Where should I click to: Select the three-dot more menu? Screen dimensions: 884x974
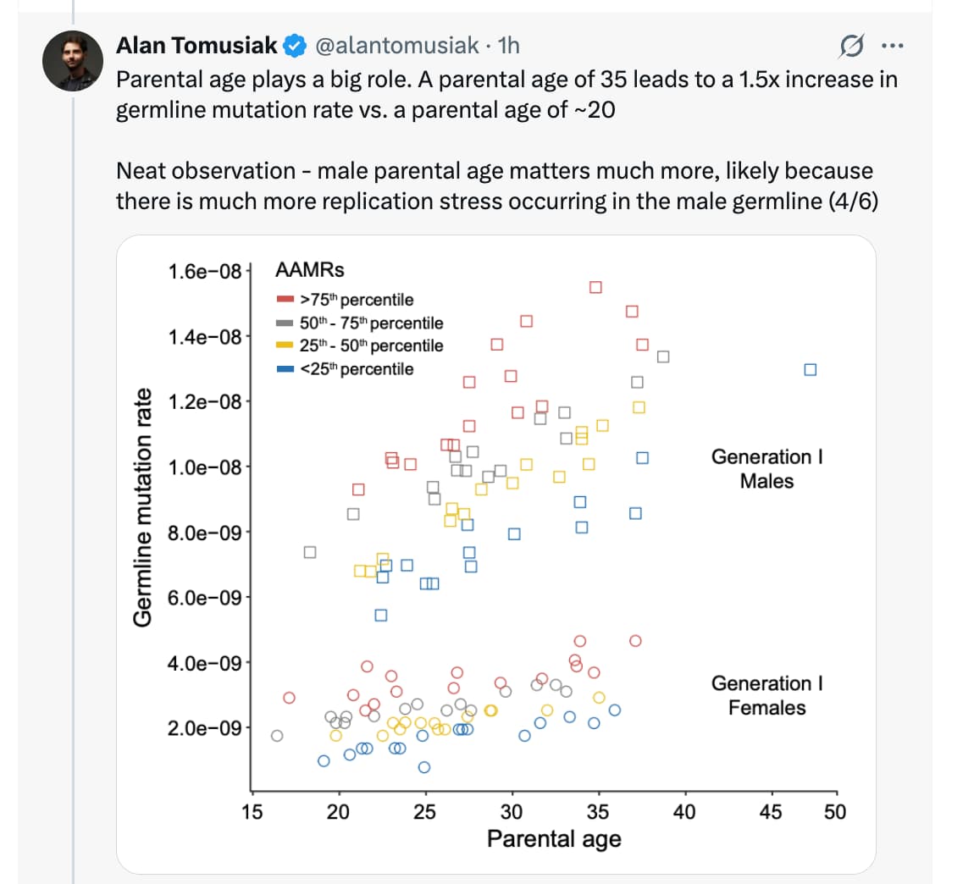(892, 46)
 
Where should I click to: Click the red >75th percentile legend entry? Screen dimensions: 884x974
(346, 300)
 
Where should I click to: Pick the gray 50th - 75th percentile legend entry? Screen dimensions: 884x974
(360, 323)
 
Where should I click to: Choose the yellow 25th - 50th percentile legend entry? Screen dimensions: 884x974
(360, 345)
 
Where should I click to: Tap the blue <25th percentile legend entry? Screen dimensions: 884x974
(346, 369)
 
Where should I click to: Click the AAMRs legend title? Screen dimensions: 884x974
(310, 270)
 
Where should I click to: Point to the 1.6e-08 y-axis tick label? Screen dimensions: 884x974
(204, 272)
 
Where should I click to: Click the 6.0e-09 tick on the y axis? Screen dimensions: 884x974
(204, 598)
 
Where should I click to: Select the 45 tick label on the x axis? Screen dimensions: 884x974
(770, 812)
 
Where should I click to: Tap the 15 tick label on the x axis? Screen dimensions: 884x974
(252, 812)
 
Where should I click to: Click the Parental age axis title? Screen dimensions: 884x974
(554, 839)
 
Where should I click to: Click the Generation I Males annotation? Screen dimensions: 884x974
(766, 468)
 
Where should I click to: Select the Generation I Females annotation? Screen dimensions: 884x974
(766, 695)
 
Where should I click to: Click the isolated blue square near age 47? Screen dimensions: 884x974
(810, 370)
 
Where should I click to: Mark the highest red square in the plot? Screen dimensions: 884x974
(595, 287)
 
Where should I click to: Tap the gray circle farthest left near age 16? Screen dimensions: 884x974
(277, 735)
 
